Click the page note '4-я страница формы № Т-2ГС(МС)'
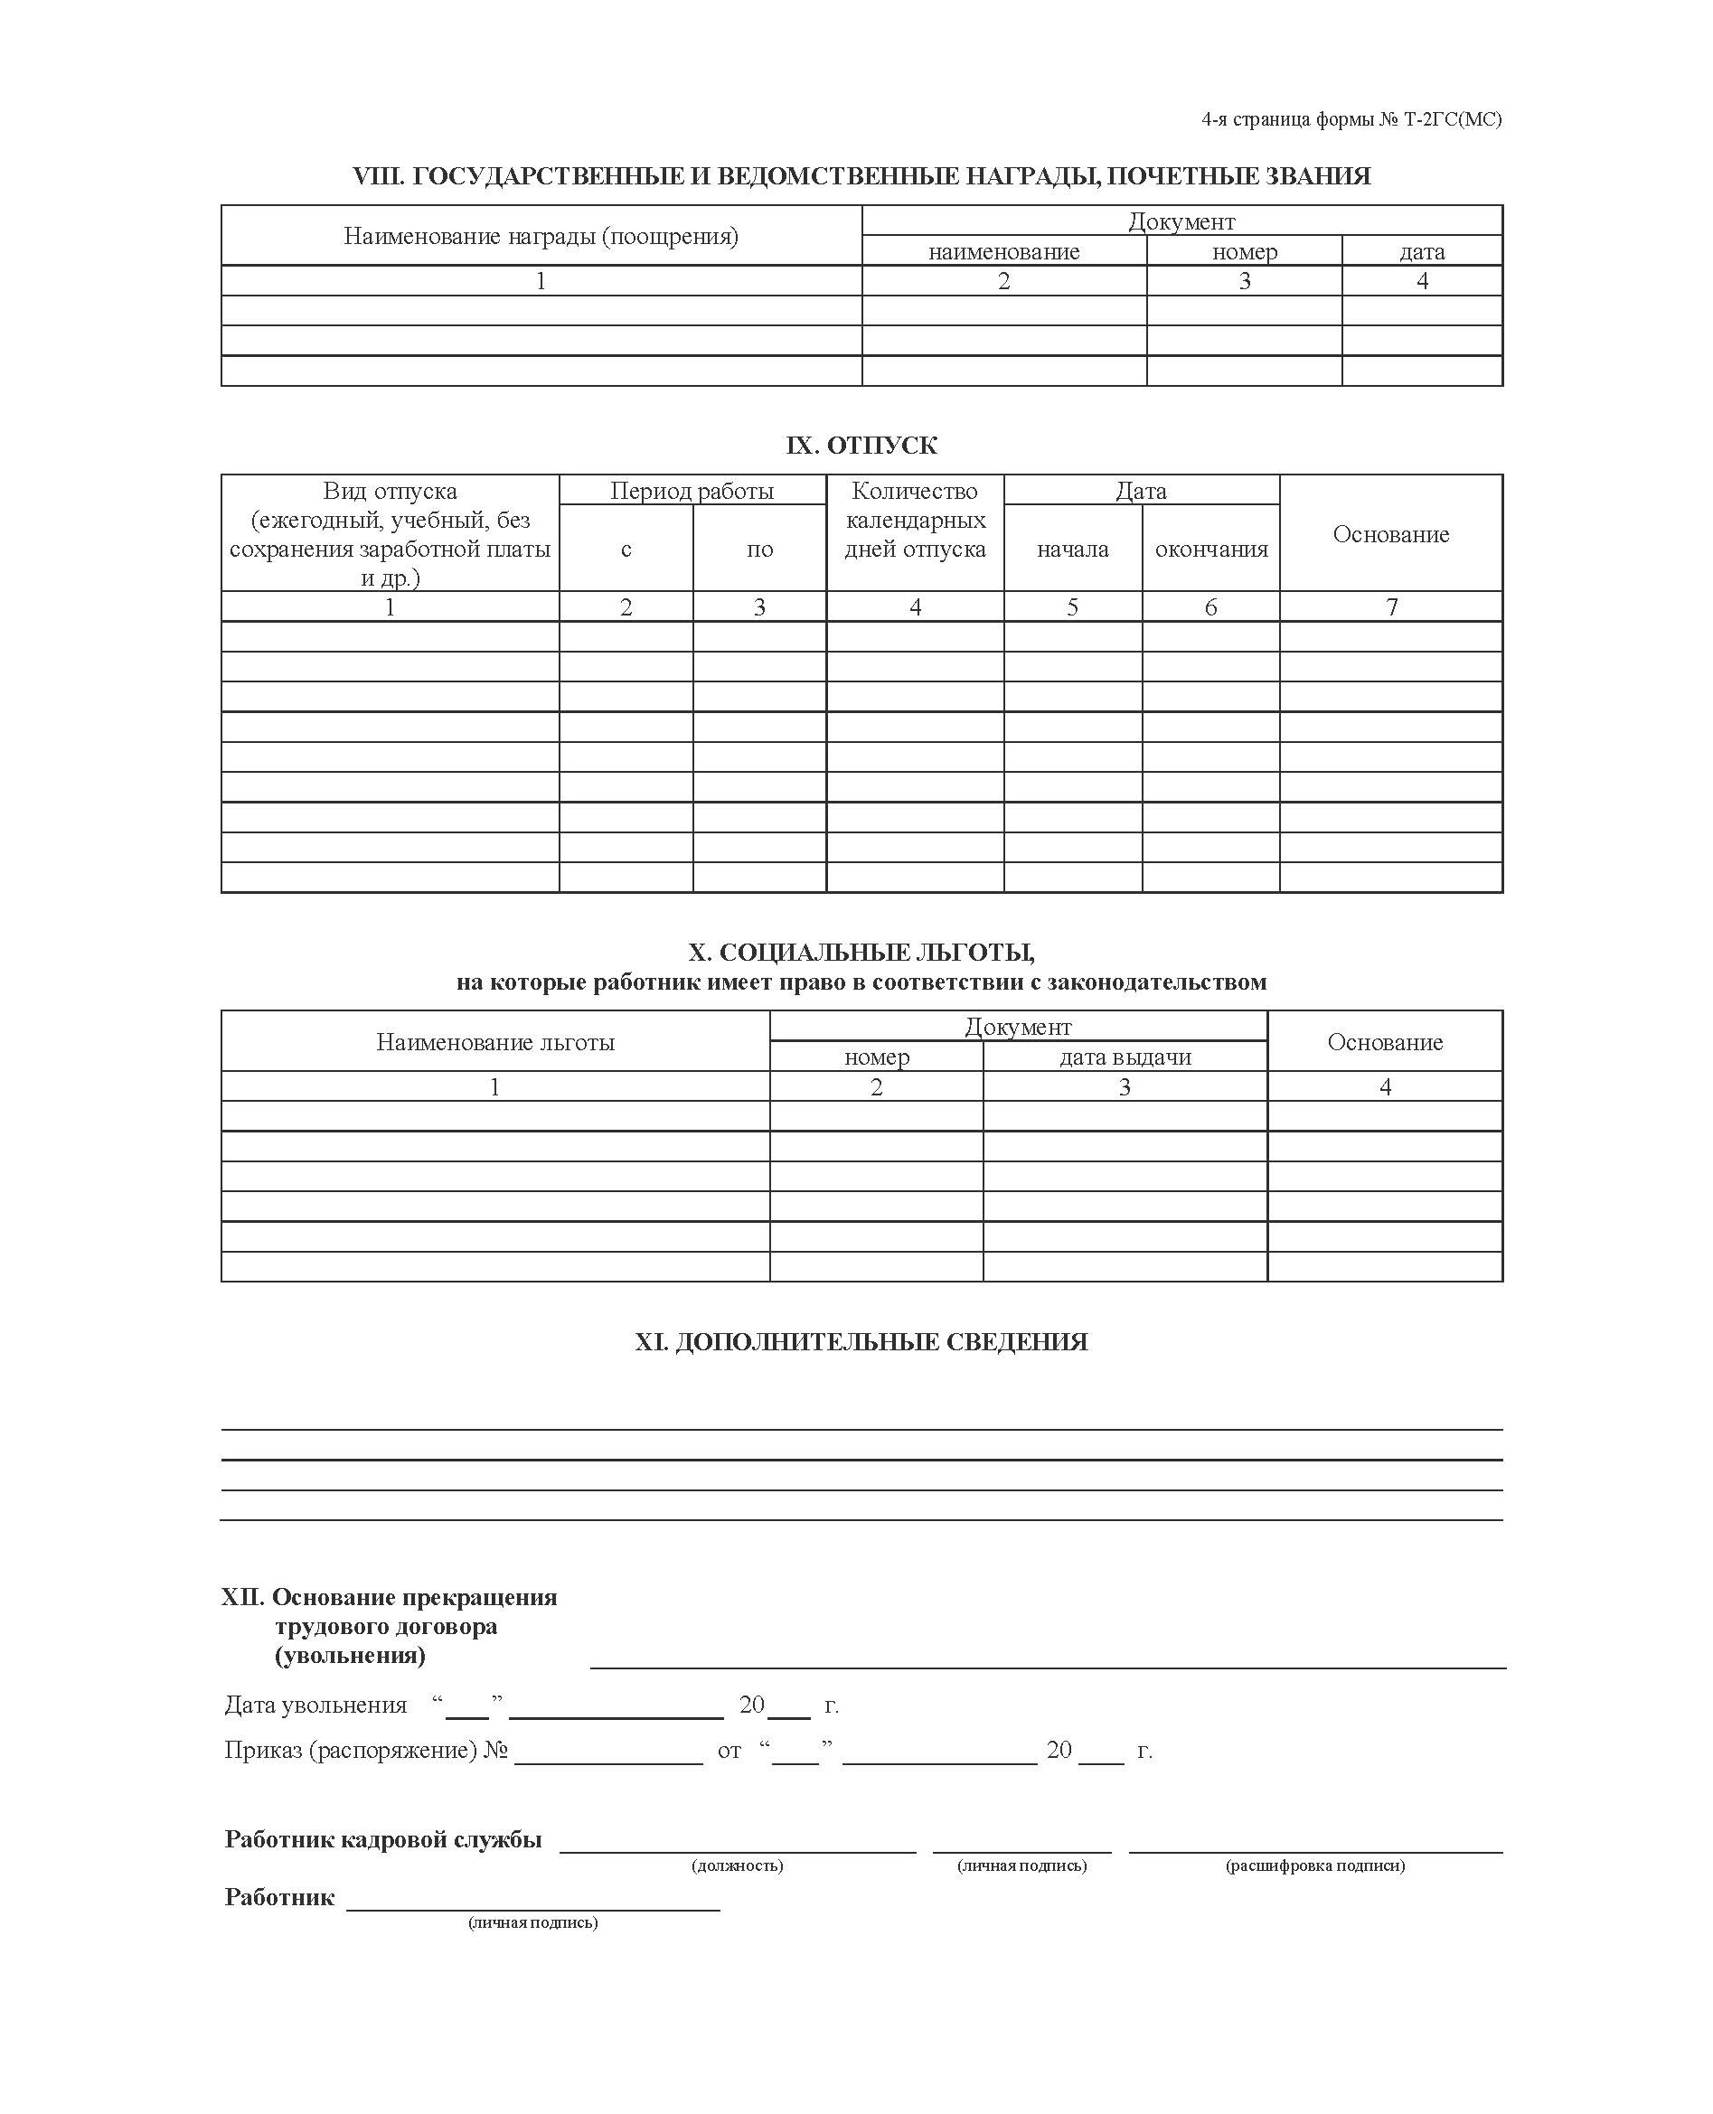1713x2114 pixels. point(1351,119)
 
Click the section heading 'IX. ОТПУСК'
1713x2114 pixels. point(861,445)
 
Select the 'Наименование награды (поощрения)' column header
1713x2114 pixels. point(541,236)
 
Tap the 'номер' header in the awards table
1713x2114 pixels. point(1244,251)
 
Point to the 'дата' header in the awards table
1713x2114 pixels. point(1422,251)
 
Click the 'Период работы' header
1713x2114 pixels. point(692,490)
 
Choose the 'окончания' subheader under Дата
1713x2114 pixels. point(1210,549)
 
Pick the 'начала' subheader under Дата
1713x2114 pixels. point(1073,549)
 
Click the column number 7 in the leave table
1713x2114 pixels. point(1391,606)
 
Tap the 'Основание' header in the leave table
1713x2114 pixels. point(1390,533)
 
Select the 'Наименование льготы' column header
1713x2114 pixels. point(494,1042)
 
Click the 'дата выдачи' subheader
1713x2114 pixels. point(1125,1057)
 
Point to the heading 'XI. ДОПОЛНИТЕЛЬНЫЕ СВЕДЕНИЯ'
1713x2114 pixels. point(861,1341)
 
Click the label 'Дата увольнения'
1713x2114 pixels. point(315,1705)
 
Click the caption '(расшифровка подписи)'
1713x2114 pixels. point(1315,1865)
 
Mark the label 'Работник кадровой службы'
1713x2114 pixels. point(383,1838)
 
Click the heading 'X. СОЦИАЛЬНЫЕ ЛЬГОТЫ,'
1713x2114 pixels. point(861,952)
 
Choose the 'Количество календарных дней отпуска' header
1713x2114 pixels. point(915,520)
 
